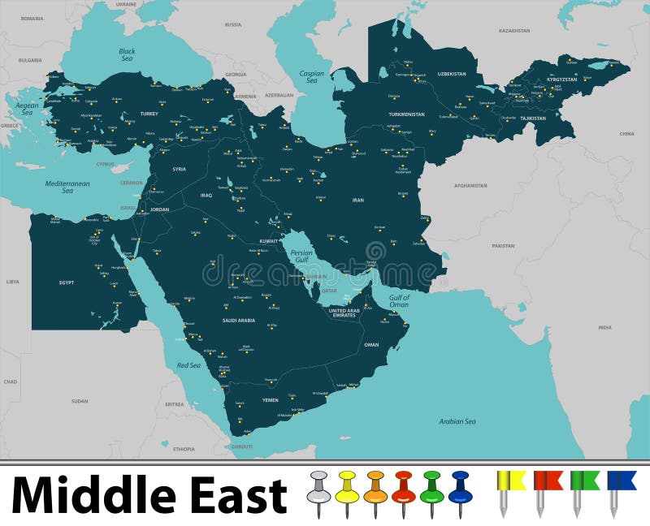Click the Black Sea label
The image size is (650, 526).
tap(128, 54)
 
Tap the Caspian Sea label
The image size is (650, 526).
tap(311, 77)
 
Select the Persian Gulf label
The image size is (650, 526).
tap(301, 257)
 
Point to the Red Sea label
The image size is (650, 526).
tap(188, 365)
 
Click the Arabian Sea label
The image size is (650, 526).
tap(457, 421)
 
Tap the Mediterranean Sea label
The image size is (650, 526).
tap(67, 187)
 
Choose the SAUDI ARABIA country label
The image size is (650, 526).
tap(239, 321)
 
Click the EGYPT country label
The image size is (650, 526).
tap(67, 282)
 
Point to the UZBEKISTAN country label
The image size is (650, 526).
tap(452, 74)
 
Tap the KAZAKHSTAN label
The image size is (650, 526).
tap(514, 31)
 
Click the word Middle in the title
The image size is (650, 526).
tap(88, 495)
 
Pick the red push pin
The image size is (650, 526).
tap(403, 491)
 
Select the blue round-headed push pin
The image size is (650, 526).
tap(460, 491)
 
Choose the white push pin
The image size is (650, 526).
tap(318, 491)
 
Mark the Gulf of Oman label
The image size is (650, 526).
tap(399, 301)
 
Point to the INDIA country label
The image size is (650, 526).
tap(604, 327)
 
